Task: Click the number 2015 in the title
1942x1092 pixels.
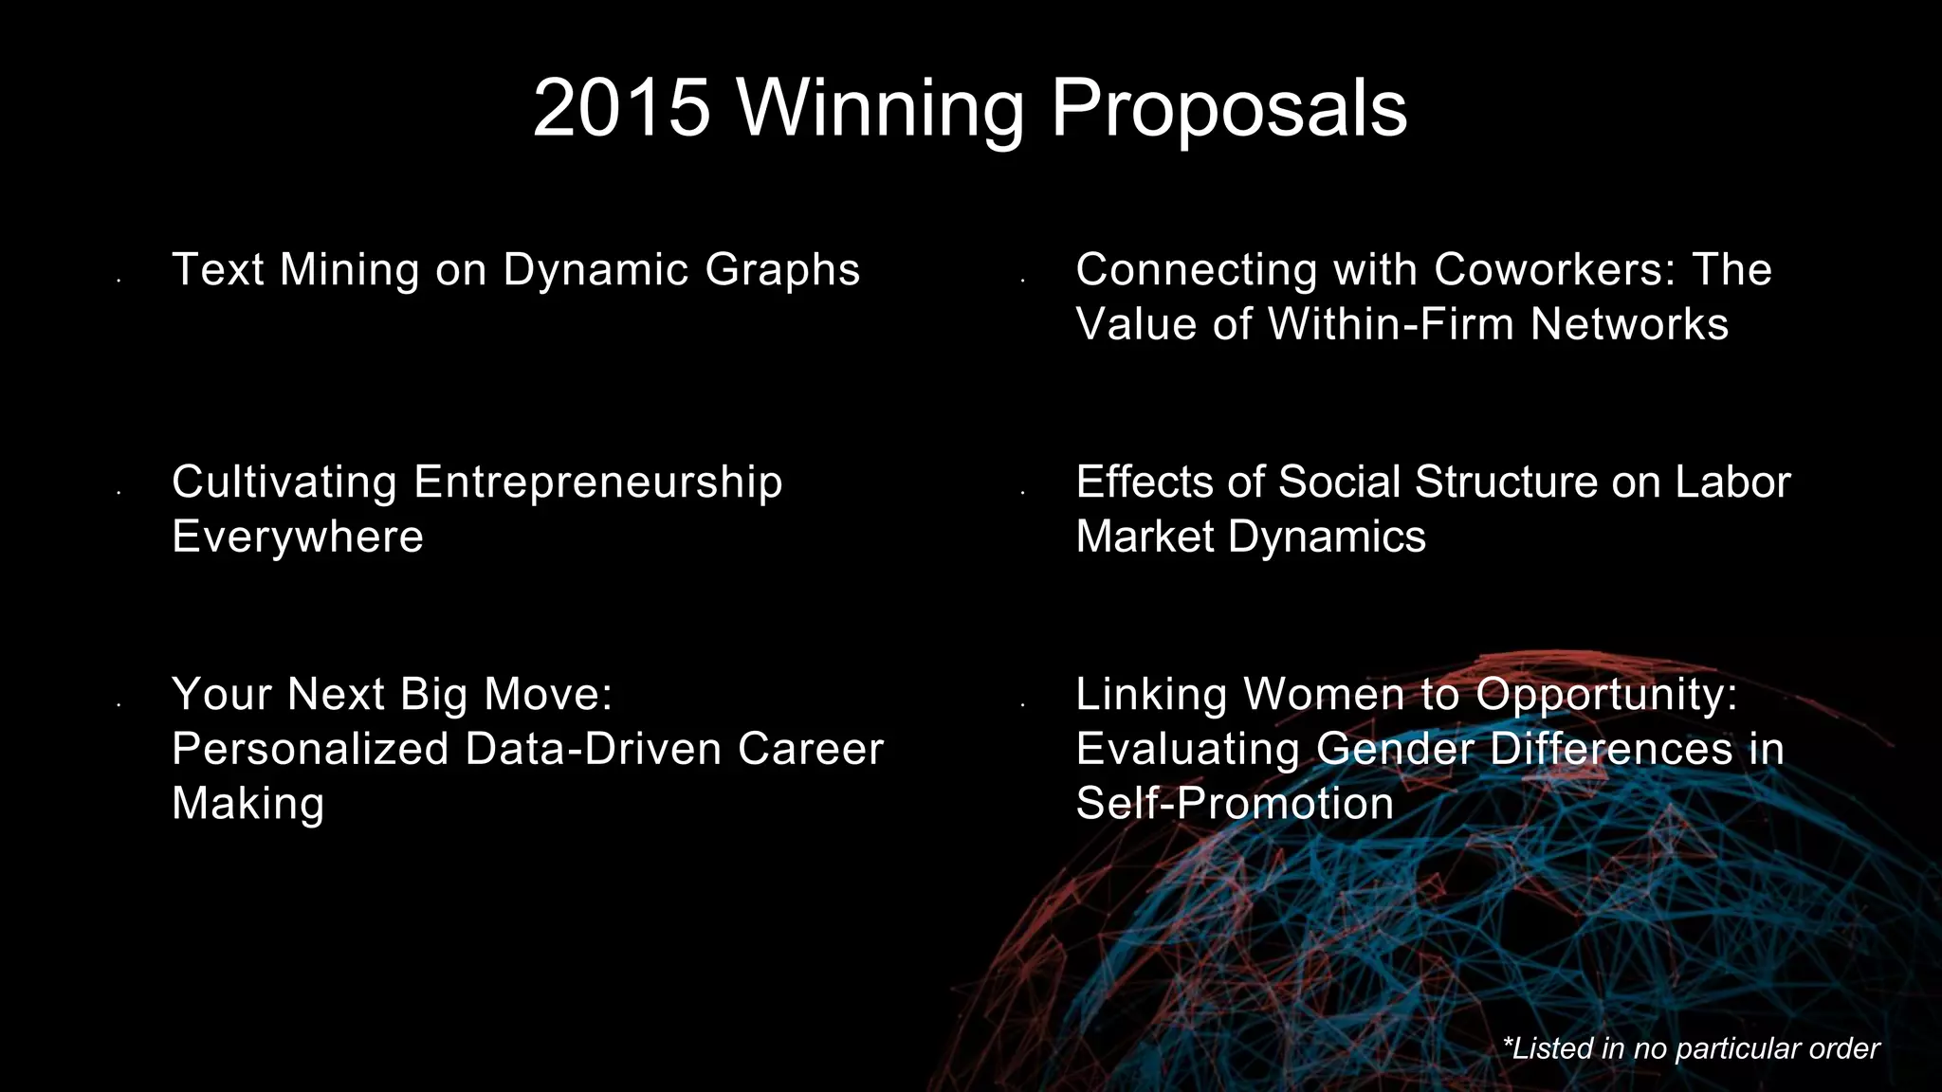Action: click(x=622, y=108)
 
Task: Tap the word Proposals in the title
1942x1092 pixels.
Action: click(x=1229, y=108)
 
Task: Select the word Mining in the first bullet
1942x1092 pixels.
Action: click(x=349, y=270)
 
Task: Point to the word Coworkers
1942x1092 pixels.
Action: click(x=1555, y=270)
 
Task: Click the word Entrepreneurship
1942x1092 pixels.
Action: click(x=597, y=482)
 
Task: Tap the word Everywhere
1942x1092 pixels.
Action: click(x=298, y=537)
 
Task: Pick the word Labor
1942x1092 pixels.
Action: click(x=1732, y=482)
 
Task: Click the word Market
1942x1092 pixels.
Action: click(x=1145, y=537)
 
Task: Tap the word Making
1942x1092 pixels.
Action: click(x=248, y=804)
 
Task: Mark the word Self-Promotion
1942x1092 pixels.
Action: click(x=1235, y=804)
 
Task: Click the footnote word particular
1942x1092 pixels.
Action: click(x=1739, y=1048)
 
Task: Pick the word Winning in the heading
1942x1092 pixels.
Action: click(x=881, y=108)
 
